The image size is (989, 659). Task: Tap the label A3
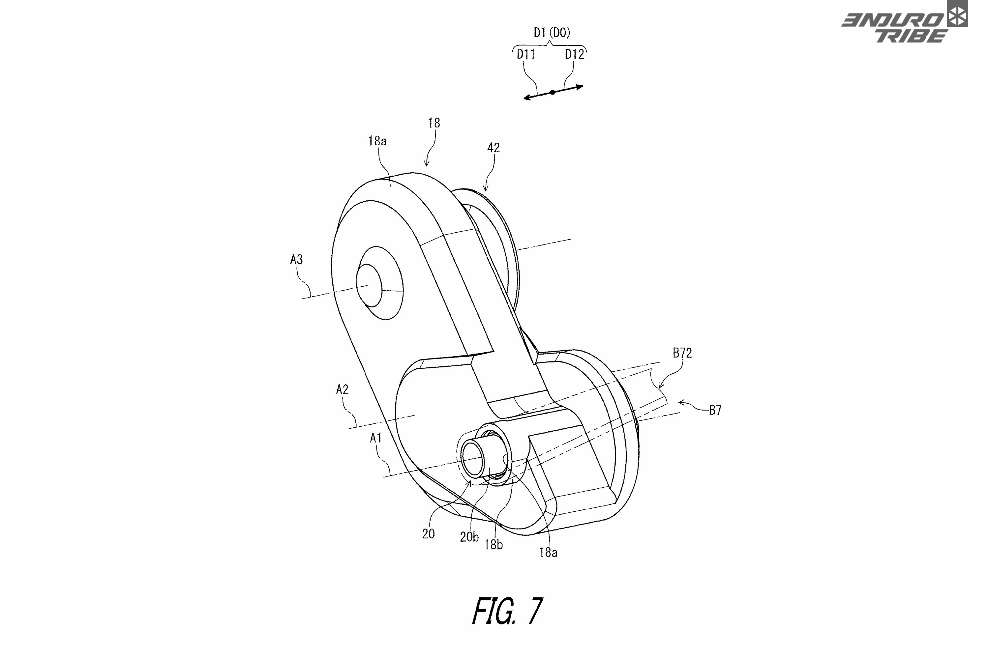(296, 259)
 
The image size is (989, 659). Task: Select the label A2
(342, 389)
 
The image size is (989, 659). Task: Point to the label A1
(375, 438)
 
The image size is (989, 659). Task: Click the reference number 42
(493, 148)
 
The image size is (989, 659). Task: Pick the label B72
(682, 353)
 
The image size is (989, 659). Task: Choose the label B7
(715, 410)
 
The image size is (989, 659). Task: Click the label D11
(525, 54)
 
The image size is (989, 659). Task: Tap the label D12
(574, 54)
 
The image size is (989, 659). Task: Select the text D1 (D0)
(552, 33)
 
